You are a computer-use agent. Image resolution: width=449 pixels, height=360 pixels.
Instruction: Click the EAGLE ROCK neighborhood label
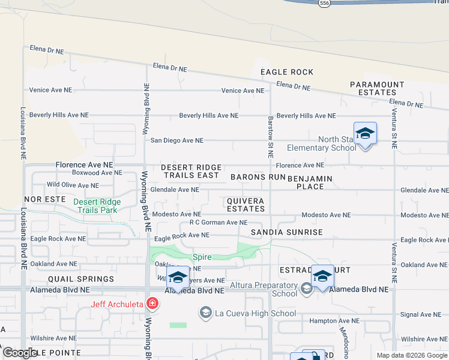[x=287, y=72]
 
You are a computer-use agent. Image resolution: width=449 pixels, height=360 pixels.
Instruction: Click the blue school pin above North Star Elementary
[x=365, y=133]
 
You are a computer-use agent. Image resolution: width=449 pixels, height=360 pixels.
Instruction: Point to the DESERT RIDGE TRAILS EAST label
[x=191, y=172]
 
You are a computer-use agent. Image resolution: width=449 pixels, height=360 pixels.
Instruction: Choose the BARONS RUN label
[x=258, y=178]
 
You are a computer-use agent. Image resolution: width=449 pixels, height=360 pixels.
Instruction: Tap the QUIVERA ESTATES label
[x=246, y=205]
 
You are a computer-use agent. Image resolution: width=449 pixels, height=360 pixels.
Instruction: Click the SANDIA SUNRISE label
[x=286, y=232]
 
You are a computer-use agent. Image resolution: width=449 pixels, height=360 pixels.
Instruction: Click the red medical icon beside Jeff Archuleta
[x=152, y=304]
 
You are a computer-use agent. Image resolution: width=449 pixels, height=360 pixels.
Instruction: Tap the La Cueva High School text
[x=255, y=313]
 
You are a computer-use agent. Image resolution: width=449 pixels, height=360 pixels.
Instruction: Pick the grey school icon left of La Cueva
[x=206, y=313]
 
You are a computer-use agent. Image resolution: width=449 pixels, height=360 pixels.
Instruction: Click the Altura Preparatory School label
[x=267, y=289]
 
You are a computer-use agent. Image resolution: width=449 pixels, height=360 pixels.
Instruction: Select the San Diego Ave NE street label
[x=177, y=140]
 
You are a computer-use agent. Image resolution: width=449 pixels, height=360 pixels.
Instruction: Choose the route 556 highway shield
[x=324, y=3]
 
